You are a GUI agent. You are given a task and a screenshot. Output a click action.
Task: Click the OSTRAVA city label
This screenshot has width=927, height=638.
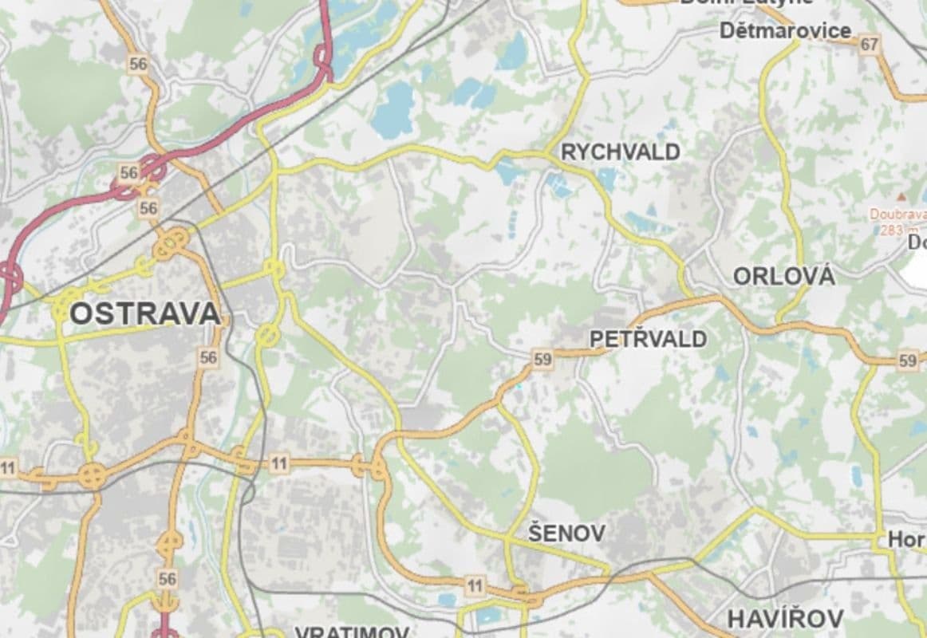(x=144, y=313)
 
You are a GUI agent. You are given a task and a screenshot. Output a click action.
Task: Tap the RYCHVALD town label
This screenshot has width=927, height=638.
(x=621, y=152)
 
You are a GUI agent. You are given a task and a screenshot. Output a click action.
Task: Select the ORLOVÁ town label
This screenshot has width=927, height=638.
(x=783, y=276)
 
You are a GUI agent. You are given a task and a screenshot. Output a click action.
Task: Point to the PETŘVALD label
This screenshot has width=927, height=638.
(x=648, y=339)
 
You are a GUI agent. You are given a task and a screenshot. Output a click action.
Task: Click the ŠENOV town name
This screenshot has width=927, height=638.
(x=566, y=534)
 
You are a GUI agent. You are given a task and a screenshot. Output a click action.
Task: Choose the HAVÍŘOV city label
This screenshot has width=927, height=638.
(x=785, y=618)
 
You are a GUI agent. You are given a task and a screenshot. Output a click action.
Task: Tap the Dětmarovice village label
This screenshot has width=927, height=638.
(x=785, y=31)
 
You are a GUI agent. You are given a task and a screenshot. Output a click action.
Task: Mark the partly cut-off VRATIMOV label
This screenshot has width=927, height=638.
(x=352, y=632)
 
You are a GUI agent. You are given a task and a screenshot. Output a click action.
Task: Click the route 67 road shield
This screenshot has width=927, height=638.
(x=869, y=45)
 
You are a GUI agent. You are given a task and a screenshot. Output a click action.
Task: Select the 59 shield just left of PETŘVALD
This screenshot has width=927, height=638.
(x=542, y=360)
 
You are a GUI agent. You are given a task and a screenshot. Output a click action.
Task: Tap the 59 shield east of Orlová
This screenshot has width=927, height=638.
(x=907, y=360)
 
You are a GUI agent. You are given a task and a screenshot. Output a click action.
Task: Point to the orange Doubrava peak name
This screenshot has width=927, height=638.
(x=897, y=214)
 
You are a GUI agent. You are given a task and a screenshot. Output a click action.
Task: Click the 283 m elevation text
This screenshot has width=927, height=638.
(x=890, y=230)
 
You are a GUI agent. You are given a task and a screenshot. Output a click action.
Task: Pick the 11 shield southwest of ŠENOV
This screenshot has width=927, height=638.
(x=475, y=587)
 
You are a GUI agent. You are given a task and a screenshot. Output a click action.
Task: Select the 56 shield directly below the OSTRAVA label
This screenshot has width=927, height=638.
(x=208, y=357)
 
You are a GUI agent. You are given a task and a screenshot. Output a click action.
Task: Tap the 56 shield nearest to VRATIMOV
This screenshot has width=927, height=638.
(x=168, y=578)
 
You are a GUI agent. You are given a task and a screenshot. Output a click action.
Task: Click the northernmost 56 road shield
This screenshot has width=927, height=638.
(x=138, y=65)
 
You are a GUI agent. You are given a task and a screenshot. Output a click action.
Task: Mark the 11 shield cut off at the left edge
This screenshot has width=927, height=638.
(x=7, y=467)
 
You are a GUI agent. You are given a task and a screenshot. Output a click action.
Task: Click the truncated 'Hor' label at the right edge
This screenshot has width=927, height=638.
(x=907, y=540)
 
